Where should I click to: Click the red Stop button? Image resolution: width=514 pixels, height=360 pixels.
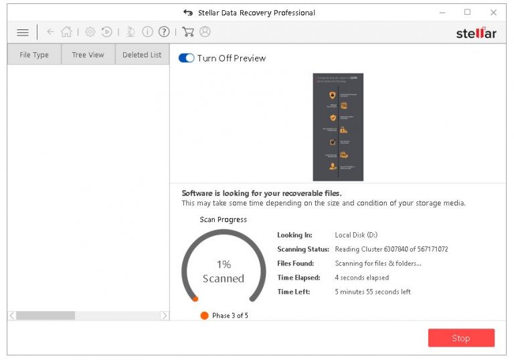461,338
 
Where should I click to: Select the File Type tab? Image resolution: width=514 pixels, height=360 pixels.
34,55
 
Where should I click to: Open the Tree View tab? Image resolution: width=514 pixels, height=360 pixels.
88,55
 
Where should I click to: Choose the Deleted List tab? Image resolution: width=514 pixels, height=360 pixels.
142,55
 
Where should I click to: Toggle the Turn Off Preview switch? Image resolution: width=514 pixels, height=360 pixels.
186,58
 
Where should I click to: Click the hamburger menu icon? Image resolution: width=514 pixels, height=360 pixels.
23,32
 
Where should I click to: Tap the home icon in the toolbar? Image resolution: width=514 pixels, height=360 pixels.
66,32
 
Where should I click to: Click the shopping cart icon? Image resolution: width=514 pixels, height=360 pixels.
188,32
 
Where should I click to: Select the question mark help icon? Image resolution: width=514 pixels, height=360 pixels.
164,32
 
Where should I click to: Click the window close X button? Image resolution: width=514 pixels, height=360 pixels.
493,13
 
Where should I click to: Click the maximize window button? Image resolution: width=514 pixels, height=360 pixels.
467,13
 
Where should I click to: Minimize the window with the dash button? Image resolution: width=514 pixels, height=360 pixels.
442,13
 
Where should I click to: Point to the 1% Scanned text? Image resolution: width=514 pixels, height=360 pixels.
224,272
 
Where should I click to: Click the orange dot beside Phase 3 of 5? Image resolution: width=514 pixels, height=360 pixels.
204,315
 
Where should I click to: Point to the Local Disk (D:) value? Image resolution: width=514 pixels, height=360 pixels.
356,235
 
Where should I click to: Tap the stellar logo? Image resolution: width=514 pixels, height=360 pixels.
476,33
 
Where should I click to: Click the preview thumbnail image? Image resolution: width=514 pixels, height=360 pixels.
338,127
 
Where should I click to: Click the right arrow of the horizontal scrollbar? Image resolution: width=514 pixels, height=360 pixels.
165,315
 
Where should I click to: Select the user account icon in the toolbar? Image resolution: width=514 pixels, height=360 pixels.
205,32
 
